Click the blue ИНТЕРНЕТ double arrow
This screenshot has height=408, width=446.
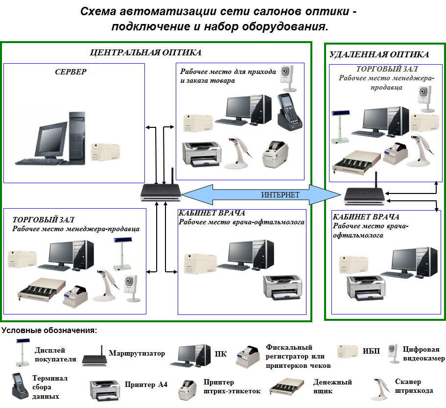259,194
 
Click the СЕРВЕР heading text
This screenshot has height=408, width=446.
70,72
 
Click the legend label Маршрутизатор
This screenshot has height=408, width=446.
137,353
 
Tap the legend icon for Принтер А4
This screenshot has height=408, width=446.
104,387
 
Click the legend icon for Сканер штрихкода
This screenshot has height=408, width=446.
380,387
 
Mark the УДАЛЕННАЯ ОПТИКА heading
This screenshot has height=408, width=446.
379,54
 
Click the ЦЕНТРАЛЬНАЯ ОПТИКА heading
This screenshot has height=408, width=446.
146,52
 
